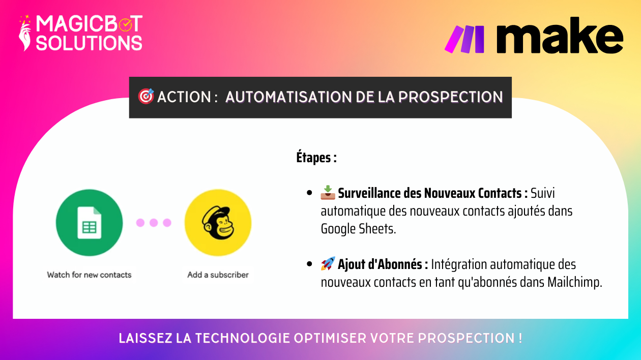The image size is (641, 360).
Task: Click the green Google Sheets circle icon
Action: [90, 223]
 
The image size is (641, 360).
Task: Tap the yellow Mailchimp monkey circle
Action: [218, 223]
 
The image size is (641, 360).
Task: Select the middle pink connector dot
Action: [154, 223]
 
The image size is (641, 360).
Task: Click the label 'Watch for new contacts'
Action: [90, 275]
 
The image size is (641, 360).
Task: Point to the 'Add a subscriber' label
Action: [218, 275]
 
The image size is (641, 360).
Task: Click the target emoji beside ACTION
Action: [146, 97]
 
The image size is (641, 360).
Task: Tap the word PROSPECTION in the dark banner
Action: [450, 97]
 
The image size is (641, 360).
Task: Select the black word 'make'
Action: [560, 36]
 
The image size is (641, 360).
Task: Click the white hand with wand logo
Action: [25, 33]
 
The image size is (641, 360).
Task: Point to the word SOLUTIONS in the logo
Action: [89, 43]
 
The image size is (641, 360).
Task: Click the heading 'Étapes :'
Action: [316, 158]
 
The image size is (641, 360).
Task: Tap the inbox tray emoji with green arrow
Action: [328, 193]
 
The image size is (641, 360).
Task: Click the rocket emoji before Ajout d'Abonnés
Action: [328, 263]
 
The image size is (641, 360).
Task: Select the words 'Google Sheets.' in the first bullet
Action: [358, 229]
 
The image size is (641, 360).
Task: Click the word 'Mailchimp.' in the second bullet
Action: [575, 282]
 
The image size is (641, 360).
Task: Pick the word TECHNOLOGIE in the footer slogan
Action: [243, 338]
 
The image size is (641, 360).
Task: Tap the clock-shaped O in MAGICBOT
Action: [126, 24]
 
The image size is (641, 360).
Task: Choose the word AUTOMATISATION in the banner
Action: [288, 97]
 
